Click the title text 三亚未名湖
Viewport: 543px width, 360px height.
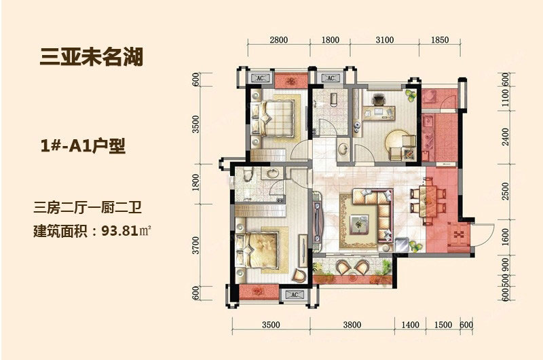[x=92, y=57]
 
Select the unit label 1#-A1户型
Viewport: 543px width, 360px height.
[x=83, y=146]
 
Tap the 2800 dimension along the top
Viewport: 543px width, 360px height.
[x=278, y=40]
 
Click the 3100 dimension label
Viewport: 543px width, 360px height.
[x=384, y=40]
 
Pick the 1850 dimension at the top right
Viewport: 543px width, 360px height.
[x=440, y=40]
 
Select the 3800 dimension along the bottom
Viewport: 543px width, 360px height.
[x=352, y=325]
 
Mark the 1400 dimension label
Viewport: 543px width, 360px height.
[x=410, y=325]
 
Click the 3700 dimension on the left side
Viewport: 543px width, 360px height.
[x=195, y=245]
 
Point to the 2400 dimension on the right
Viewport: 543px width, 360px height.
[x=505, y=137]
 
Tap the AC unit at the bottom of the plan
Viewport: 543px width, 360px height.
[x=295, y=295]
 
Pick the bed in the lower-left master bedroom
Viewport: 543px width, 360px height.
[x=257, y=250]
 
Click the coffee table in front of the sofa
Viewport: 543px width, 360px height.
[x=359, y=224]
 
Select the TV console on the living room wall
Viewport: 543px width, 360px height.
[x=317, y=222]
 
